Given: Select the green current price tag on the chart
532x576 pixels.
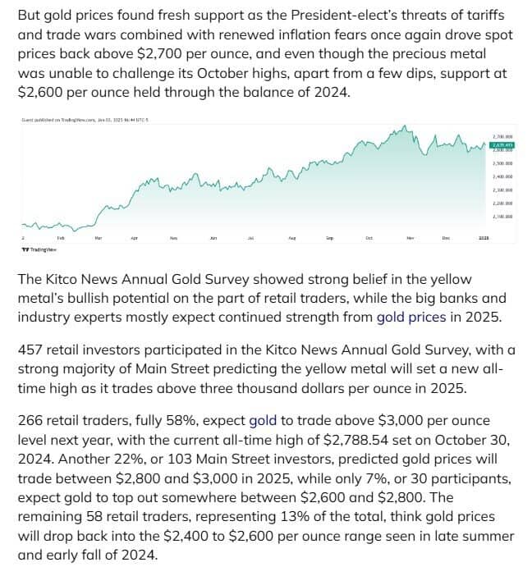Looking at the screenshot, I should (502, 145).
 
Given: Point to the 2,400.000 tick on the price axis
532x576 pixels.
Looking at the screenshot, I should (502, 176).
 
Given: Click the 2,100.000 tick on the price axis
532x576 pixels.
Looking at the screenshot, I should (502, 217).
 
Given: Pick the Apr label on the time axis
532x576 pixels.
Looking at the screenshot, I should (135, 238).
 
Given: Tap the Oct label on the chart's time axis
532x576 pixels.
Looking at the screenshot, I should (369, 238).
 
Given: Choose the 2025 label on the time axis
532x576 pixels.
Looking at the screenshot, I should (484, 238).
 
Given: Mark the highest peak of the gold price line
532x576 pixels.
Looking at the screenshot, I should (402, 128).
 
